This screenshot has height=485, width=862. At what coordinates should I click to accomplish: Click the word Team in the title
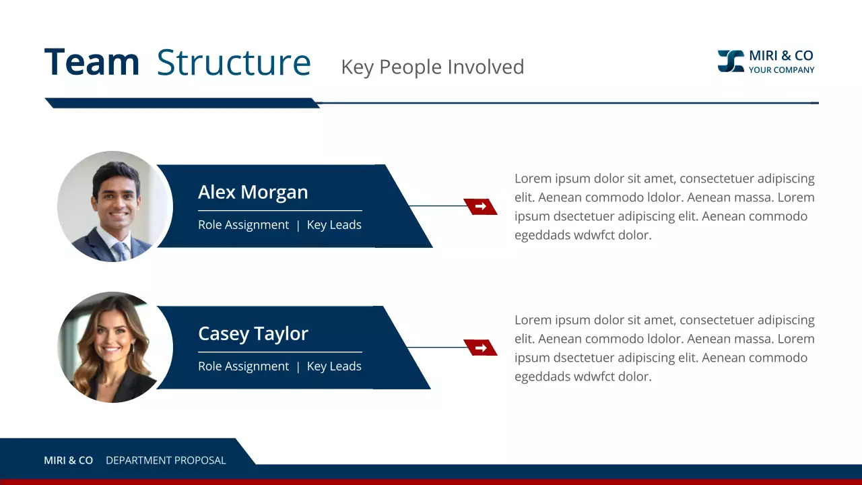click(x=92, y=62)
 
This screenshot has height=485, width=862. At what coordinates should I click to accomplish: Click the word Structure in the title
click(x=234, y=62)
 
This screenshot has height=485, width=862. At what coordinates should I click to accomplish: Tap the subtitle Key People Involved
click(x=432, y=67)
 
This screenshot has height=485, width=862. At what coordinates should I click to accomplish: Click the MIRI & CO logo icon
click(x=731, y=61)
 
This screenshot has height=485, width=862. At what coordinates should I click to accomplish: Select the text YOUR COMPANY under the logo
click(x=781, y=70)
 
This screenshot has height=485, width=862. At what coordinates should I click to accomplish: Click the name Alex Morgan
click(x=253, y=192)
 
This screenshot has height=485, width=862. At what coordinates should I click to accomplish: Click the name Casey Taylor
click(x=253, y=333)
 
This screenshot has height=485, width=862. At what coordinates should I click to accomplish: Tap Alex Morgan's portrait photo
click(x=115, y=206)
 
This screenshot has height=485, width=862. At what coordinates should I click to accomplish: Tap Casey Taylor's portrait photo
click(x=115, y=348)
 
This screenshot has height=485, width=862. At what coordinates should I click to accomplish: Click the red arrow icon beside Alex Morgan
click(x=480, y=206)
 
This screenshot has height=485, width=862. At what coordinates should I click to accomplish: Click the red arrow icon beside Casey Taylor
click(x=480, y=348)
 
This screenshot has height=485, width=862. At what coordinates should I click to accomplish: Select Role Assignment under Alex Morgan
click(x=243, y=225)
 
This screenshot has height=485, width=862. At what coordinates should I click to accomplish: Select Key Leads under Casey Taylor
click(x=334, y=366)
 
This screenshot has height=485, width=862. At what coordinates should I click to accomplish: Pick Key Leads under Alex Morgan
click(x=334, y=225)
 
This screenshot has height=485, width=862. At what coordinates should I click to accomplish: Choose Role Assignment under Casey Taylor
click(x=243, y=366)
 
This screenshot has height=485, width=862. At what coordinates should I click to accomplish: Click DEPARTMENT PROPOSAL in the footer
click(x=166, y=461)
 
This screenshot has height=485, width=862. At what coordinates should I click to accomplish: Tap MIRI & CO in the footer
click(x=68, y=461)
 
